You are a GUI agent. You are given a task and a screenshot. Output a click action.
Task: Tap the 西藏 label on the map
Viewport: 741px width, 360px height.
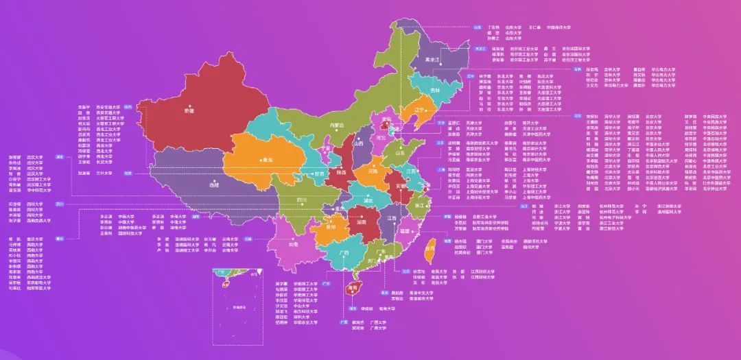pyautogui.click(x=214, y=184)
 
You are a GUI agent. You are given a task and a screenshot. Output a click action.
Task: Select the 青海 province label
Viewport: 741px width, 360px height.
pyautogui.click(x=266, y=160)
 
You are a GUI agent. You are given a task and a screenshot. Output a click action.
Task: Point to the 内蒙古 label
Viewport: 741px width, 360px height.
pyautogui.click(x=336, y=125)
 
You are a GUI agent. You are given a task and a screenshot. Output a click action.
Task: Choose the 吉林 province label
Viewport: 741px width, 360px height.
pyautogui.click(x=434, y=90)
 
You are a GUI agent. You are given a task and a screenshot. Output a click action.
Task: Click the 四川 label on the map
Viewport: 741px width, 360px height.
pyautogui.click(x=301, y=200)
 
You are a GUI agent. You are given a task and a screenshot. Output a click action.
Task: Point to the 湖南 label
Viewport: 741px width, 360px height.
pyautogui.click(x=361, y=222)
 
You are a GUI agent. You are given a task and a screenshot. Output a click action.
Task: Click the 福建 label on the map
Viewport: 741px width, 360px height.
pyautogui.click(x=404, y=232)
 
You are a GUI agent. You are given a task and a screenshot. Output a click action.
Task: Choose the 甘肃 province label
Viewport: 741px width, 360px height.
pyautogui.click(x=319, y=174)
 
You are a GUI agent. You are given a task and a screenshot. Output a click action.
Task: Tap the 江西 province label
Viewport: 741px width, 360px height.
pyautogui.click(x=391, y=218)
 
